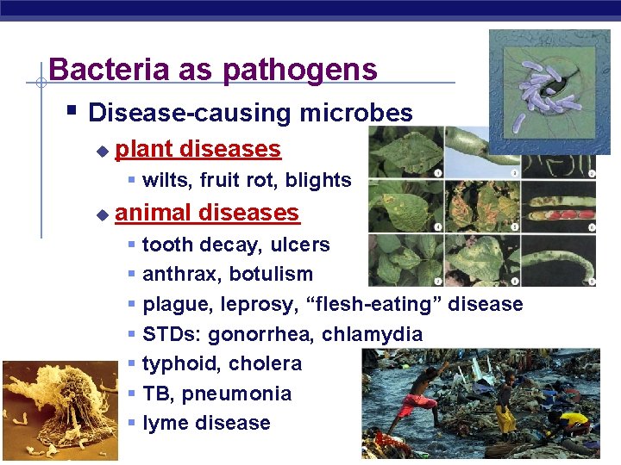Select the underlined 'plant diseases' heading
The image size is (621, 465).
198,149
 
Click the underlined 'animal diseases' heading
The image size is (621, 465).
206,212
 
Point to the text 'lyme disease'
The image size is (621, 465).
206,423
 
